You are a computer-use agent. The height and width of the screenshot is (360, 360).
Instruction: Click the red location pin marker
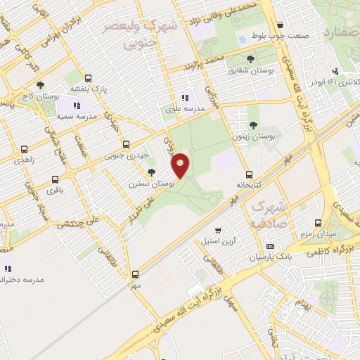(x=181, y=165)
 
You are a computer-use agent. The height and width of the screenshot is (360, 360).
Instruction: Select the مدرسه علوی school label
(x=184, y=109)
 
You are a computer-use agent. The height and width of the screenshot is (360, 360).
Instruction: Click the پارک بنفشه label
(x=87, y=89)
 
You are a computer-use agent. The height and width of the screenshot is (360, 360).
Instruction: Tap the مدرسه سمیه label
(x=57, y=114)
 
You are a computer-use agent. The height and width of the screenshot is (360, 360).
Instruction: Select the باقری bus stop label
(x=55, y=190)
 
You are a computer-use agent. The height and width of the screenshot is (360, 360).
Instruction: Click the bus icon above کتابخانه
(x=249, y=174)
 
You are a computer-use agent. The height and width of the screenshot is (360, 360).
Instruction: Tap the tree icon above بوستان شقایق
(x=251, y=60)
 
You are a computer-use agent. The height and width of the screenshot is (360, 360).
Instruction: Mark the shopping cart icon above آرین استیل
(x=219, y=229)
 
